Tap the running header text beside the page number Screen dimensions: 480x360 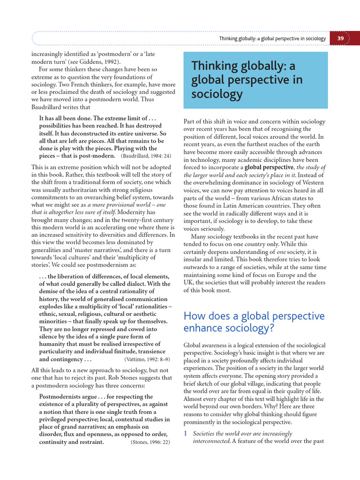tap(272, 38)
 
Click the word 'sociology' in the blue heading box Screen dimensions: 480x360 tap(217, 94)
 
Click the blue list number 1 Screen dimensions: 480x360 tap(186, 434)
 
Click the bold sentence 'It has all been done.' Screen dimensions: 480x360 tap(69, 118)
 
